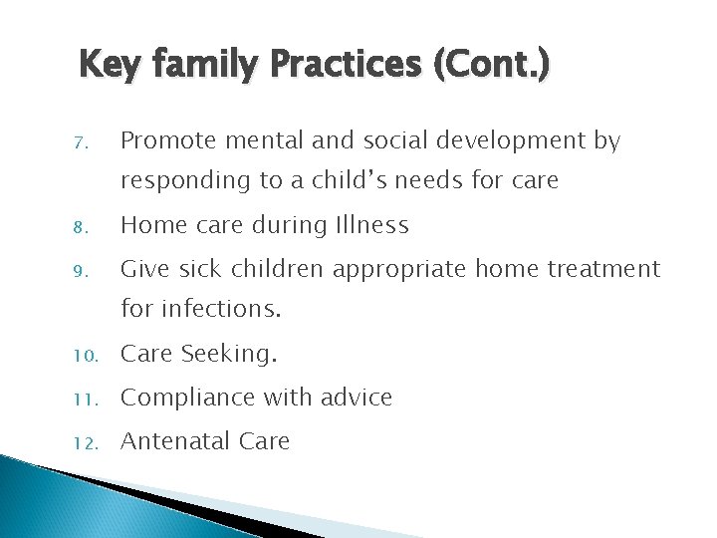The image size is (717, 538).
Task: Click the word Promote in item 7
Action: pyautogui.click(x=165, y=142)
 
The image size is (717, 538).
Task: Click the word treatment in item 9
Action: pyautogui.click(x=607, y=269)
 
